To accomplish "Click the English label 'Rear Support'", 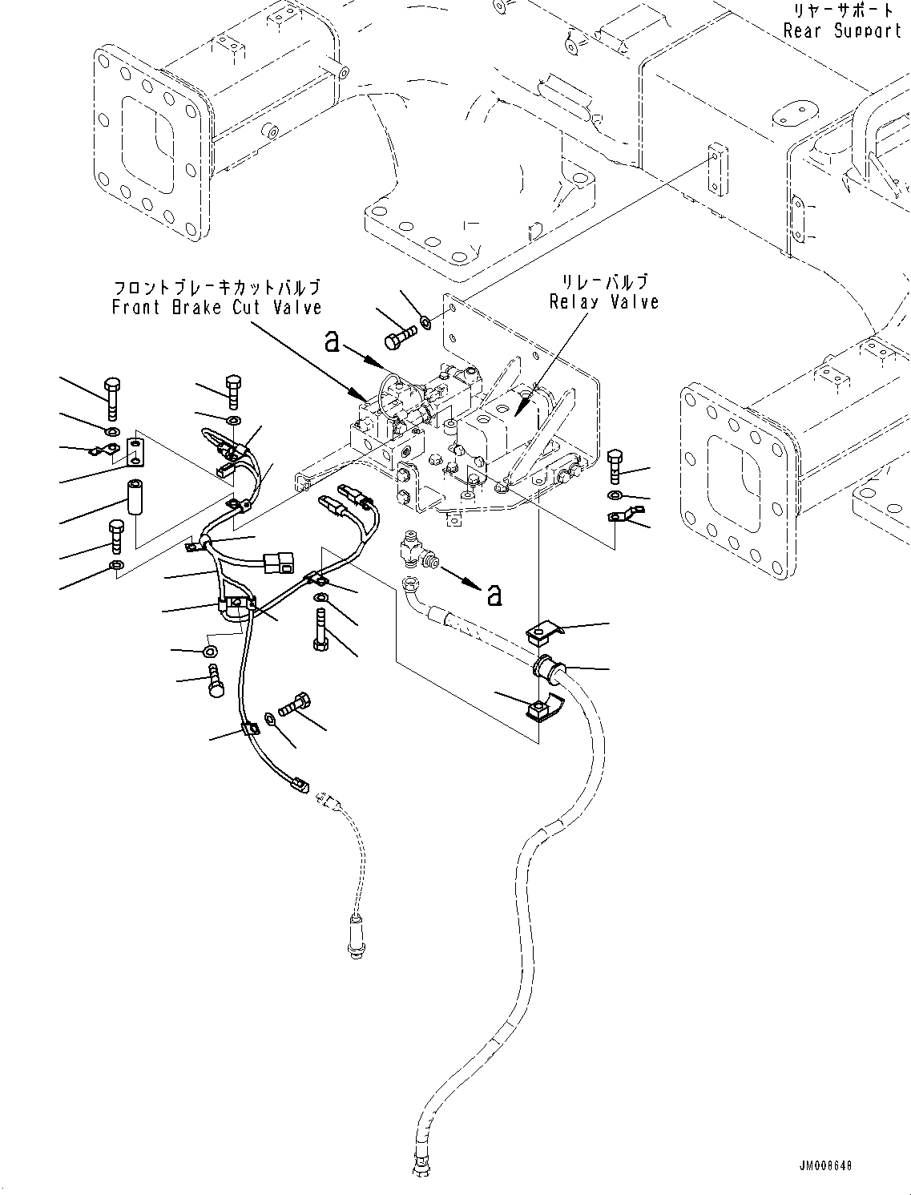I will [x=842, y=31].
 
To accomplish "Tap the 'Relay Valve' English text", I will [x=604, y=301].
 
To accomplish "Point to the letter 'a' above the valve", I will [x=332, y=343].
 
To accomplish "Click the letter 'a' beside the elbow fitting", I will [x=494, y=593].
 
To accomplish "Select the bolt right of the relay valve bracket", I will [x=615, y=463].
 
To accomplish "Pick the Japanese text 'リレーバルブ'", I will [x=605, y=281].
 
